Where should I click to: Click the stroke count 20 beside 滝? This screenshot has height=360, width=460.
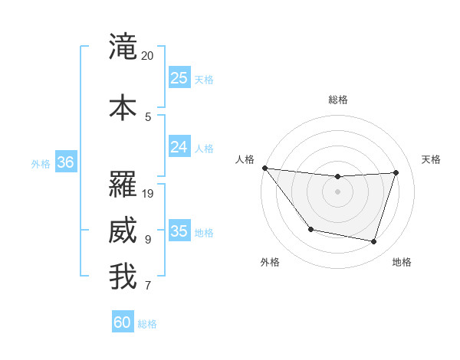(x=148, y=56)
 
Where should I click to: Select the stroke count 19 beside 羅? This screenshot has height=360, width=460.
(x=149, y=194)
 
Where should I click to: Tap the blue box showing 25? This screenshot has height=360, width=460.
(x=179, y=77)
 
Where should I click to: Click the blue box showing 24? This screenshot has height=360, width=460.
(x=179, y=146)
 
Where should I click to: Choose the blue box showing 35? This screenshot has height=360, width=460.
(x=179, y=231)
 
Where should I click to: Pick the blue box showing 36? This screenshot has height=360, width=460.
(x=66, y=162)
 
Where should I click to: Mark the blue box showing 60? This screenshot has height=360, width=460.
(x=123, y=322)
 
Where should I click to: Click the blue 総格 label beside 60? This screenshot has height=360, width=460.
(x=148, y=324)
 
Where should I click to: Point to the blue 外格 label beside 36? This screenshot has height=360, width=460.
(x=41, y=163)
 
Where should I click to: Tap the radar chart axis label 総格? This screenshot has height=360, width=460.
(x=338, y=100)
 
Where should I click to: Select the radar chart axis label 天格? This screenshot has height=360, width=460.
(x=432, y=159)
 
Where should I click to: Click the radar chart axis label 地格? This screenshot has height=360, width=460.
(x=402, y=262)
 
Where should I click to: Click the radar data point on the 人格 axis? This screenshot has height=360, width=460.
(x=264, y=168)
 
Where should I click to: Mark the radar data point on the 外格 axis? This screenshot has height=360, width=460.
(x=310, y=229)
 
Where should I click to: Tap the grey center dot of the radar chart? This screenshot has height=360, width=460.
(x=337, y=191)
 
